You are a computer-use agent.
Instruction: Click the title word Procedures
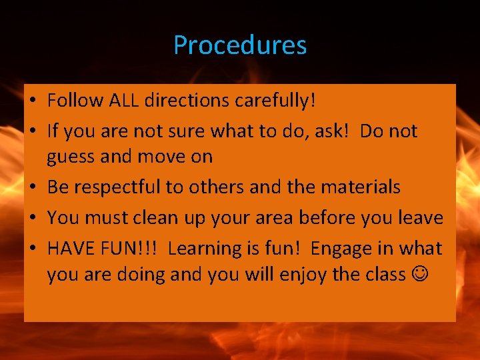240,45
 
